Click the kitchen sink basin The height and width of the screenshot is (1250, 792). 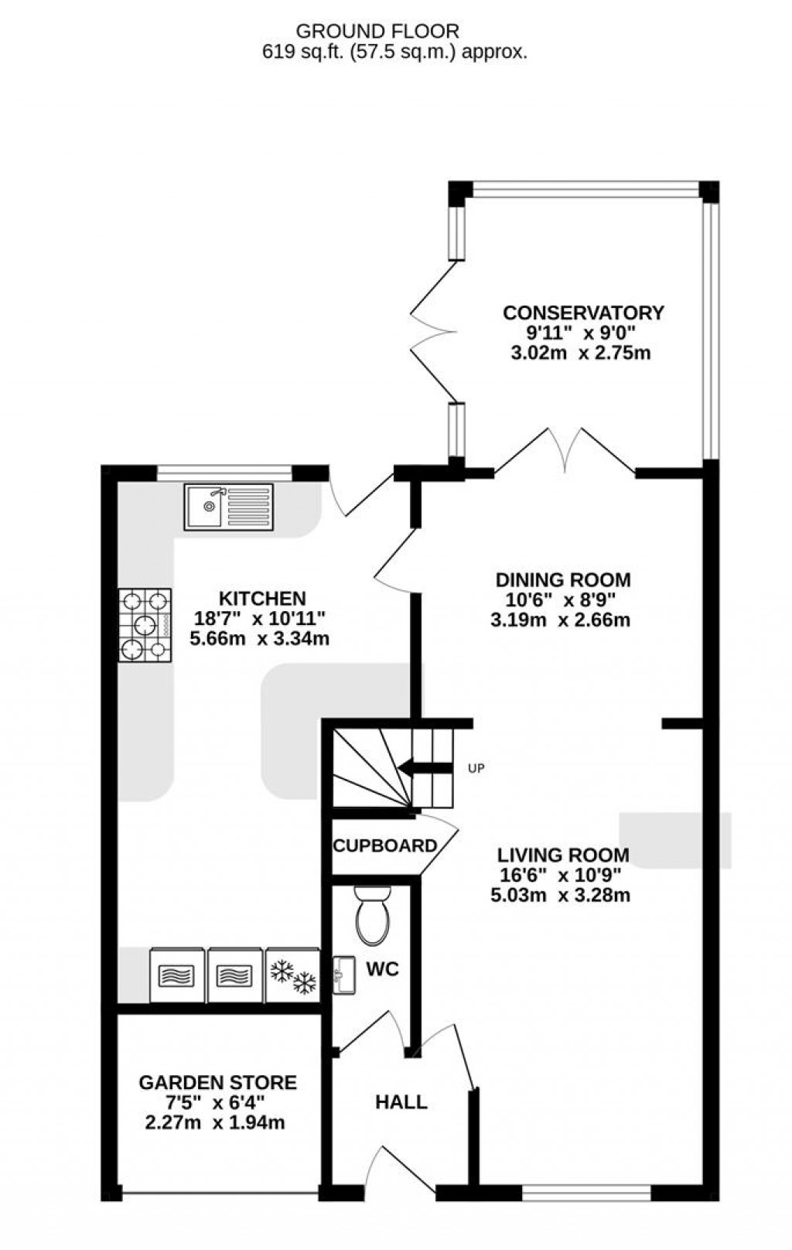(208, 506)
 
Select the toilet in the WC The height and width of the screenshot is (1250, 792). (372, 916)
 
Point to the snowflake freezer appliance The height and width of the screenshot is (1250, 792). (293, 976)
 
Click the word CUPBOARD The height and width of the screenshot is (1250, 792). (384, 845)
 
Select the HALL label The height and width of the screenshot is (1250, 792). (401, 1101)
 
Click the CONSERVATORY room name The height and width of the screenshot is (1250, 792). (583, 312)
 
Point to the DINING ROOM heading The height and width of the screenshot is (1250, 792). (563, 579)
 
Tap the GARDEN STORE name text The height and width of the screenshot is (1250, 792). (217, 1082)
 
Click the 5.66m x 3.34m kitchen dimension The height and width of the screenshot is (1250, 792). (260, 638)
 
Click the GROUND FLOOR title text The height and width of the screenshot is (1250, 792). (378, 32)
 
